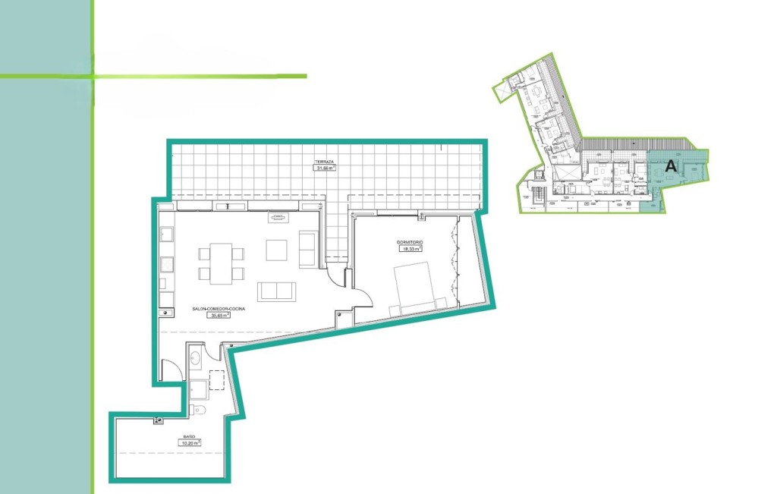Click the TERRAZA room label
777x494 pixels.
click(x=326, y=162)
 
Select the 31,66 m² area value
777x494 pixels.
click(x=326, y=169)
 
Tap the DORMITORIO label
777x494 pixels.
click(x=409, y=242)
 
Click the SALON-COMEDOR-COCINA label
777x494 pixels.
click(x=219, y=310)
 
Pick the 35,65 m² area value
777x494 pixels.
click(x=219, y=316)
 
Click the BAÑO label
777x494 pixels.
click(x=190, y=437)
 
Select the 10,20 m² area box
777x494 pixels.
click(x=190, y=443)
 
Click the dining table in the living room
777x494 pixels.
click(x=221, y=262)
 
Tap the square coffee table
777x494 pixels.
click(x=276, y=250)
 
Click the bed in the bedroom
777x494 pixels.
click(x=419, y=289)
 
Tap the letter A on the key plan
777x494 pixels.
click(x=671, y=165)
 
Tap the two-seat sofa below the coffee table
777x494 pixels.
click(x=278, y=291)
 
